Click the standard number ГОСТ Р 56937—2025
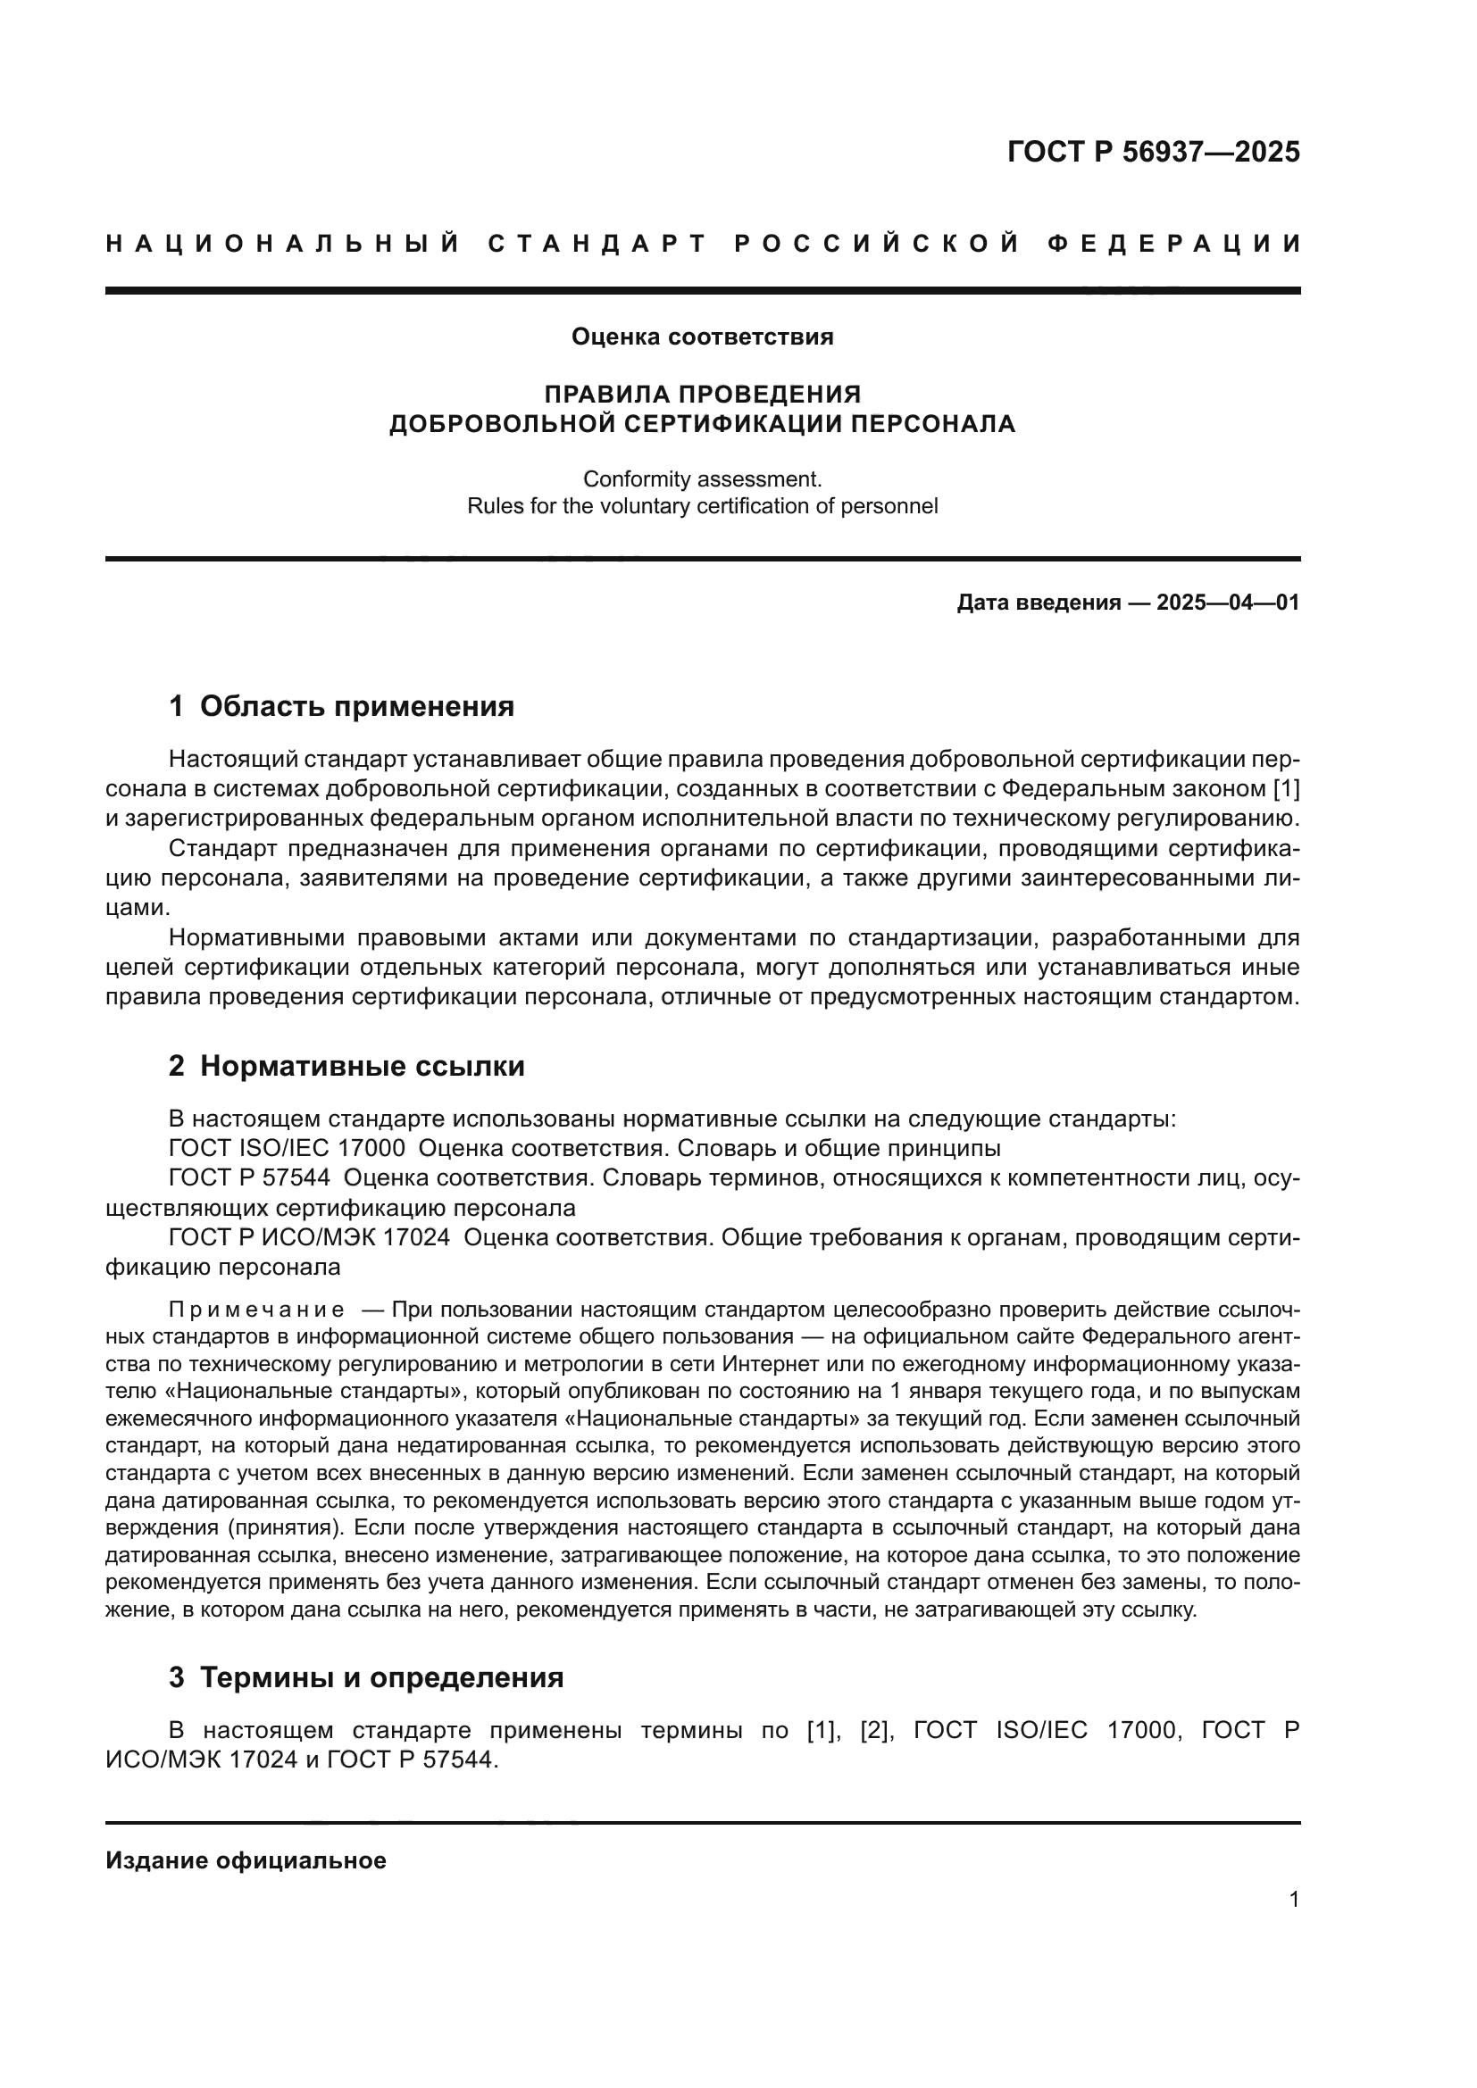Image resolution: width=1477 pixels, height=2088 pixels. tap(1153, 152)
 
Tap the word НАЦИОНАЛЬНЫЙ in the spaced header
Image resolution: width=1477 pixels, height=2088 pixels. tap(283, 244)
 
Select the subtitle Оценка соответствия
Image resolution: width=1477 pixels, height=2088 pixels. tap(702, 337)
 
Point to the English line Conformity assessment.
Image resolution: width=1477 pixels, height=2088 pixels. tap(702, 478)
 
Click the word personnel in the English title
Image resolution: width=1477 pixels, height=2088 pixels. tap(892, 506)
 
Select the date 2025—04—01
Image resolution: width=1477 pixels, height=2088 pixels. tap(1228, 603)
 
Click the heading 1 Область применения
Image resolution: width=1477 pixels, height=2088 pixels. tap(341, 706)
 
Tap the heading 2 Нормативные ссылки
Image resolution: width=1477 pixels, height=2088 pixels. tap(346, 1066)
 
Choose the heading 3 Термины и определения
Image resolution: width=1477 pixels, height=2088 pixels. tap(365, 1678)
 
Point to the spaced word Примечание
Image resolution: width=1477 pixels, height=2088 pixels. tap(256, 1310)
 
